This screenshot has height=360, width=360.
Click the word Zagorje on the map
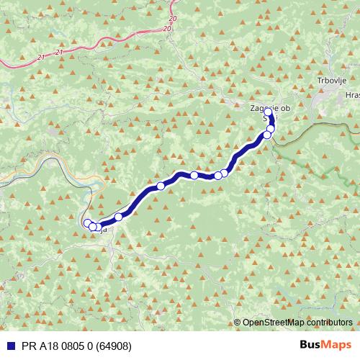pos(262,107)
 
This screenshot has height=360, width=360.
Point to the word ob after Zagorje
pos(287,107)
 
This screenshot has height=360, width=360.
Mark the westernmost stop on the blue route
pos(87,223)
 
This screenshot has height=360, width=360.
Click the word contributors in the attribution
pos(328,323)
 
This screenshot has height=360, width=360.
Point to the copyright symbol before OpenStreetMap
pos(238,323)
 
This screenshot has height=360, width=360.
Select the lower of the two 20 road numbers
pos(167,29)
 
